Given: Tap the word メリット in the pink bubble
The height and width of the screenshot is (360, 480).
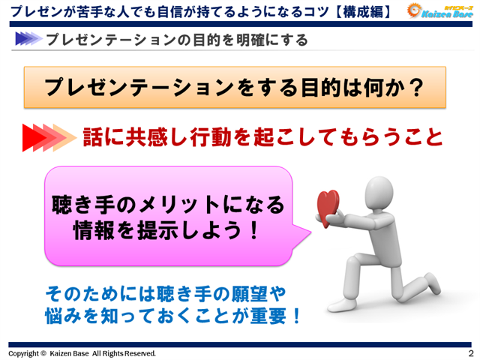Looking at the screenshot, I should tap(179, 205).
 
